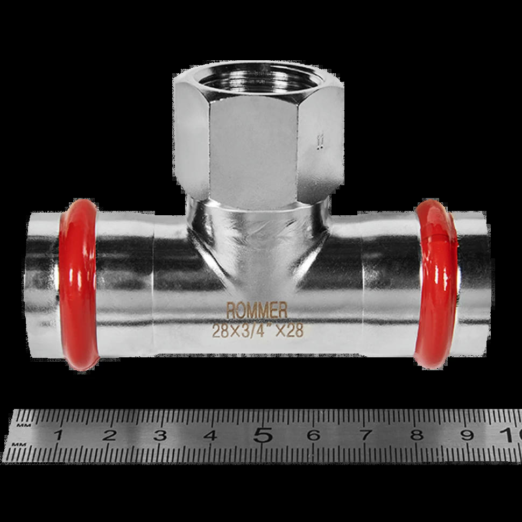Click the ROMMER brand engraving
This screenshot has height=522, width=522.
point(257,311)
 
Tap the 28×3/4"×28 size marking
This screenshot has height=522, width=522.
point(258,330)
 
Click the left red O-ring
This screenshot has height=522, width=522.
point(79,285)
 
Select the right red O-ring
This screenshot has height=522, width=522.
point(436,284)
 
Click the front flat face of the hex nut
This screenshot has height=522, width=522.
point(253,151)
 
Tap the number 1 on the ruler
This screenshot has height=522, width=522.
point(59,435)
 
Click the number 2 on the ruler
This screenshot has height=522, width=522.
point(110,435)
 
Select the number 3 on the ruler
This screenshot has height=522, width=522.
point(160,435)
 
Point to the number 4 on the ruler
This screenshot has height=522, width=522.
point(211,435)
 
